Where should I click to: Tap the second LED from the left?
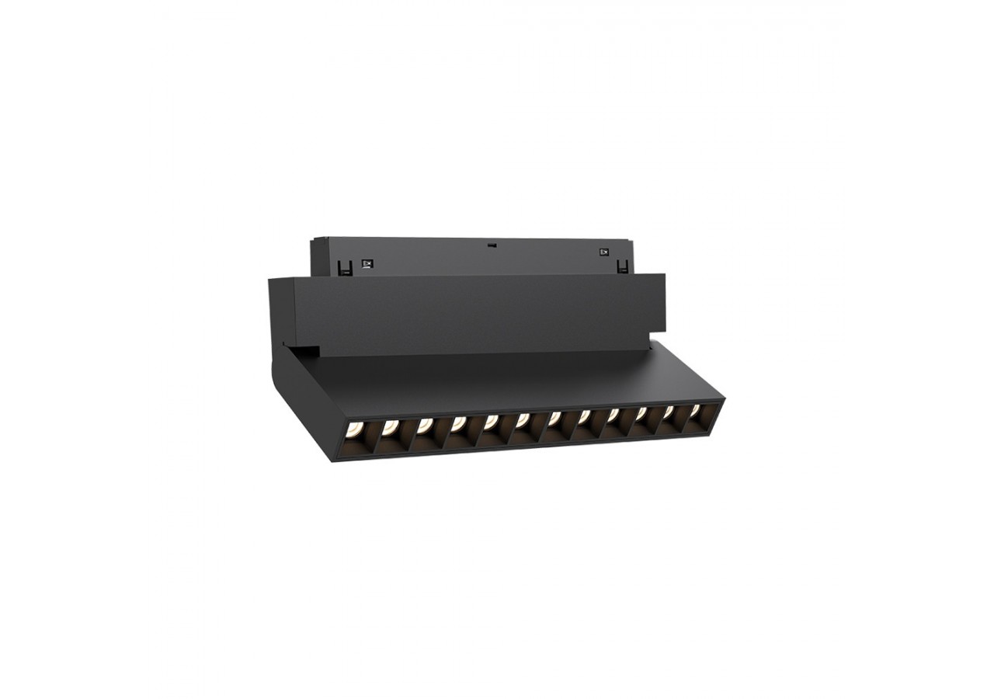390,426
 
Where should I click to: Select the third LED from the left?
424,424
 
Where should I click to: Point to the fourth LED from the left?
458,423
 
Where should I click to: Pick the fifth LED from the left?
491,422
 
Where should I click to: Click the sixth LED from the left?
523,420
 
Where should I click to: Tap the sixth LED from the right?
554,419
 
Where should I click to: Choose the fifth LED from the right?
584,417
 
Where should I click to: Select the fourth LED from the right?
613,416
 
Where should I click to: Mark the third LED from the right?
641,414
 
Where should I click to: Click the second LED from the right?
668,412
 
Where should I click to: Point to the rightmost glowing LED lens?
694,410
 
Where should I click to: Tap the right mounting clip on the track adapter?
621,266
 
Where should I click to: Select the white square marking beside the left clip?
369,264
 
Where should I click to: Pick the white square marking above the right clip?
603,251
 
